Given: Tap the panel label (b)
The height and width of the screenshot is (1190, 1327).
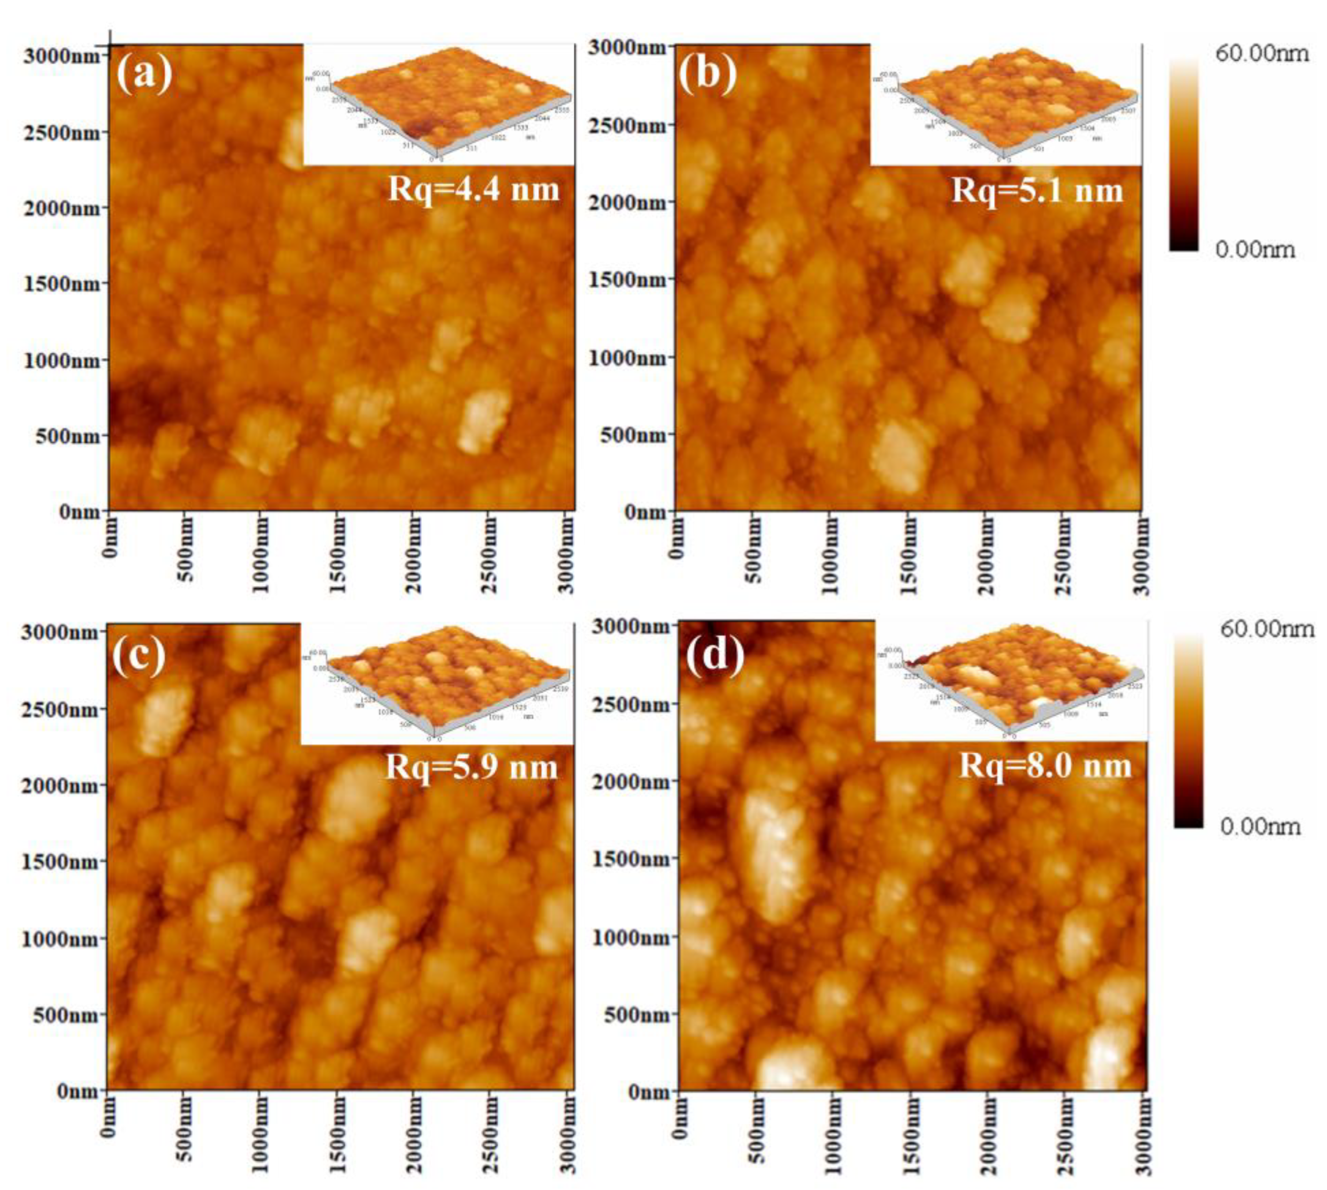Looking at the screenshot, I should (x=708, y=73).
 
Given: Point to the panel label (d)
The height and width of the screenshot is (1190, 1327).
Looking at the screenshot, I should (x=715, y=654).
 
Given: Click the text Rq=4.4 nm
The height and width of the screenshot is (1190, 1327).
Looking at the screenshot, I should (x=473, y=190).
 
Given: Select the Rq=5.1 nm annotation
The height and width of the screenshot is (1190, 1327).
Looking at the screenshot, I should (x=1037, y=190).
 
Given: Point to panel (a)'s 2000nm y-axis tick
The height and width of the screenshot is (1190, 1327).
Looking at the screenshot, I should (x=63, y=208).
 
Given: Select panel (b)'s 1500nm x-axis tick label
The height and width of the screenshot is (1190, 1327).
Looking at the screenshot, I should (x=909, y=555).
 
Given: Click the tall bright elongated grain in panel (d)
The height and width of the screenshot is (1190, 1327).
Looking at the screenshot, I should (x=775, y=856).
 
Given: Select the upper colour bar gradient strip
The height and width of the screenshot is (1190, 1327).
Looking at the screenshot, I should (x=1184, y=154).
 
